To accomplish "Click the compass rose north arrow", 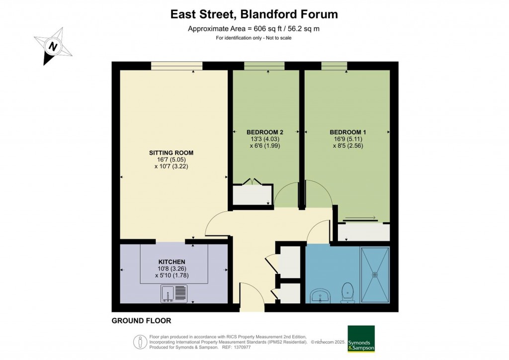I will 52,46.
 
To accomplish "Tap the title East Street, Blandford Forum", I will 254,14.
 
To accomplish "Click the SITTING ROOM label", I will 171,153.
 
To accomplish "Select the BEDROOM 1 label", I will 347,132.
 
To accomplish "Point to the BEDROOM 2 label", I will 265,132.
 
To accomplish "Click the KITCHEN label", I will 172,262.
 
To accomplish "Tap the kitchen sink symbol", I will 174,293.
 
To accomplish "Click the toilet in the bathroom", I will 347,291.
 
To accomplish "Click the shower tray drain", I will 375,273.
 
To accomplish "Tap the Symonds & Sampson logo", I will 361,339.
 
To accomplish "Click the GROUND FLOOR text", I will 141,321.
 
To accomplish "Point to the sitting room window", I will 176,66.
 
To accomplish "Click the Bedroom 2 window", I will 264,66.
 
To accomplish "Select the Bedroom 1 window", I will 334,66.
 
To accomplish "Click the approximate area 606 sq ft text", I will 254,28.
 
